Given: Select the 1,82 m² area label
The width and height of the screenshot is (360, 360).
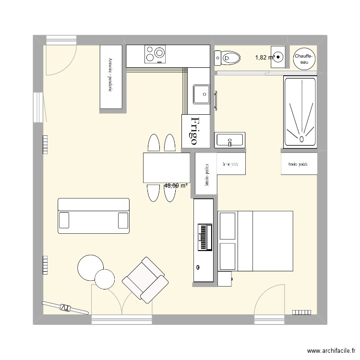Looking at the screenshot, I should pos(264,58).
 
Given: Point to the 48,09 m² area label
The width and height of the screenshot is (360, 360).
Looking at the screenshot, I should pos(176,185).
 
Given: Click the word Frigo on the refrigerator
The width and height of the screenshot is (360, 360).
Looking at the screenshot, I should pos(194,131).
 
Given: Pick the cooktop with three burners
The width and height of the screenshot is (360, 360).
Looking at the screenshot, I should pos(156,54).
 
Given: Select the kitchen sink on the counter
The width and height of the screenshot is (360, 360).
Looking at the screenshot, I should pos(201,94).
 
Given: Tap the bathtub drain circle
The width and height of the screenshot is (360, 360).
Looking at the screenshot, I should pos(301,140).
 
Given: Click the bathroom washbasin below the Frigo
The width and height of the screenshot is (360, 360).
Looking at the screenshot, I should pos(230,140).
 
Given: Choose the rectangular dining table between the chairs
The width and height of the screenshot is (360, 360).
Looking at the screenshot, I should pos(167,168).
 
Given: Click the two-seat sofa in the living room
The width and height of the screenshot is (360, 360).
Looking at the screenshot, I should pos(94,216).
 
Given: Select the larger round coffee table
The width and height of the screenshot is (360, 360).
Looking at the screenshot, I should pos(90,267).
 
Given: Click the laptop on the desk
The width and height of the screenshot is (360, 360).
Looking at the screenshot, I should pos(205,238).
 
